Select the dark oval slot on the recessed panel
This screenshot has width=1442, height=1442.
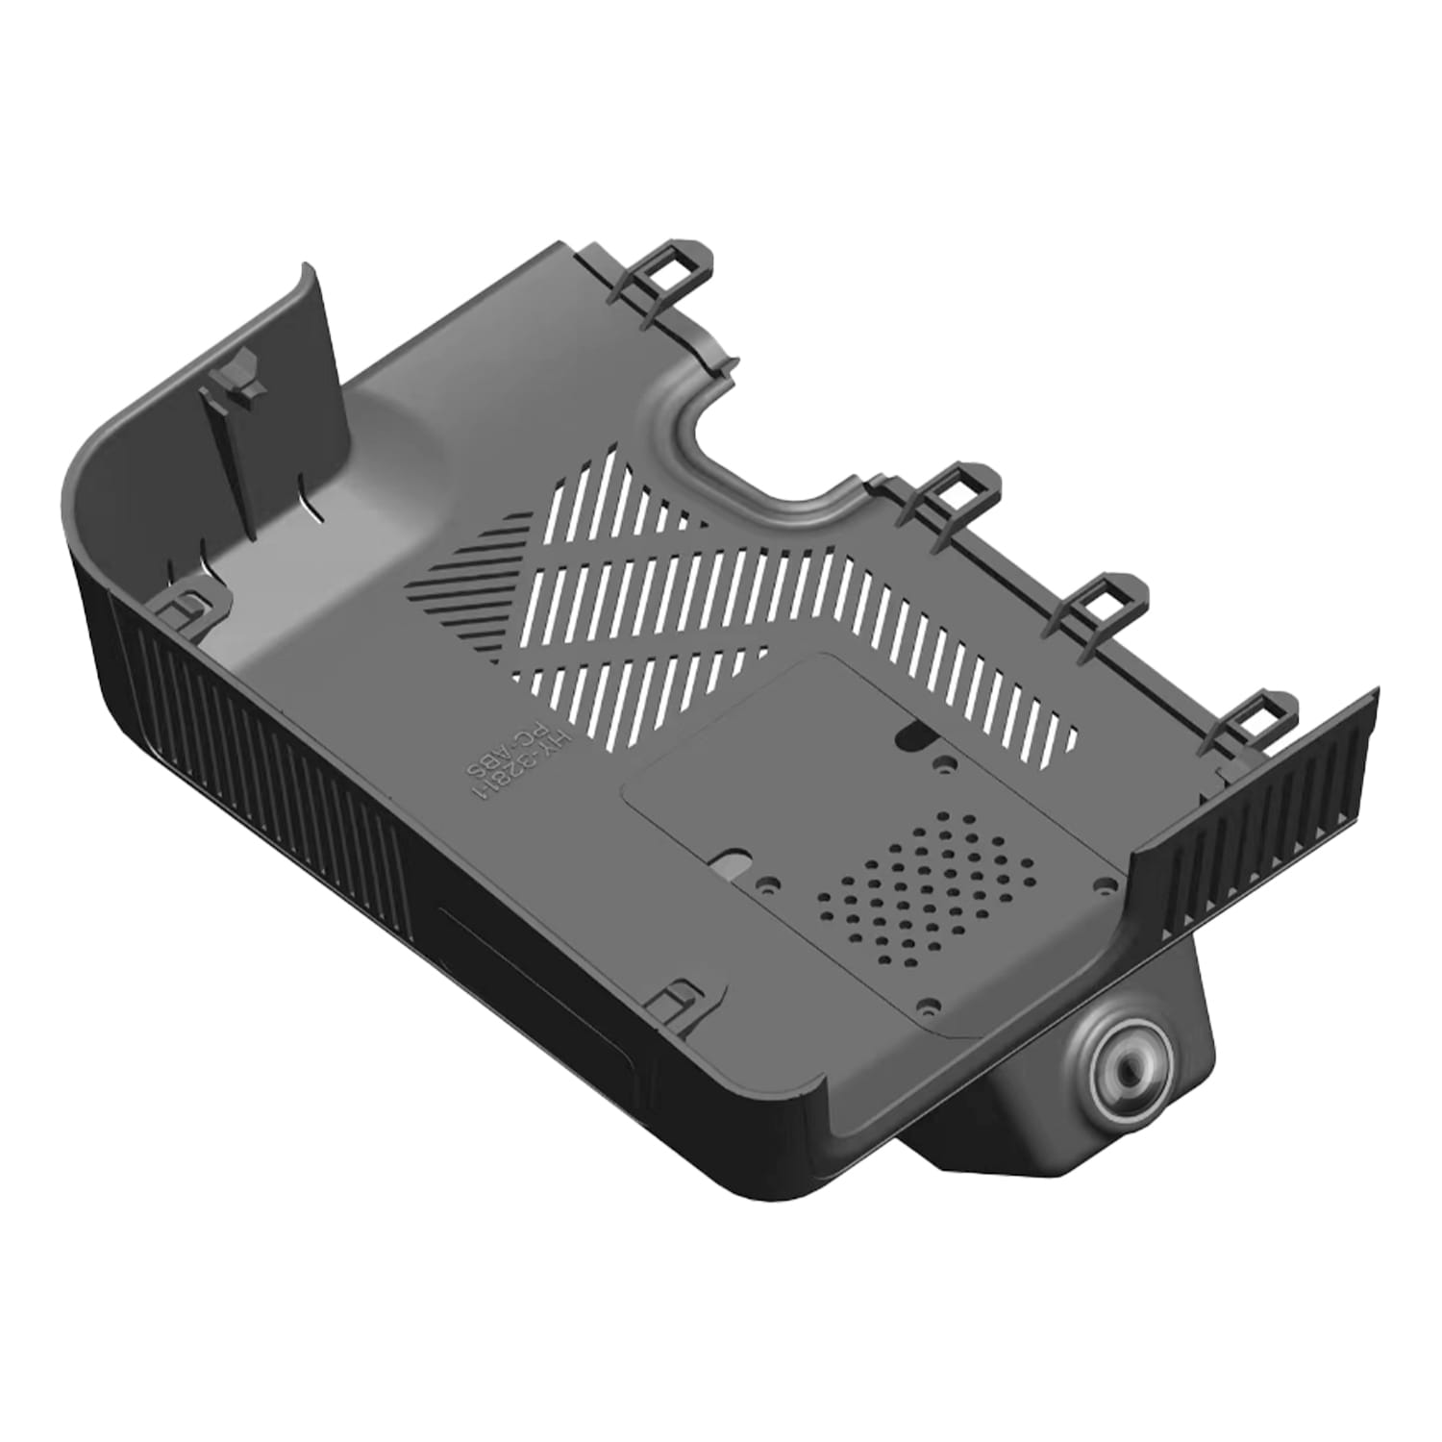(910, 736)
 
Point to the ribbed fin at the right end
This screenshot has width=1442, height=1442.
(1259, 817)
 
